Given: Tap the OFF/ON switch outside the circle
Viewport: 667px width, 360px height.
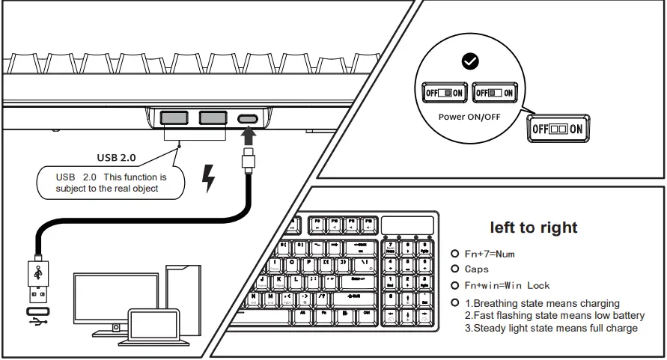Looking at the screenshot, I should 558,128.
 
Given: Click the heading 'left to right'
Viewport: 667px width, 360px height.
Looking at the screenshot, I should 534,228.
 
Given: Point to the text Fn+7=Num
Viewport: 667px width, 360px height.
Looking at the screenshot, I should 490,254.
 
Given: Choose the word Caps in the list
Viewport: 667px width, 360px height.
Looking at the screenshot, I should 476,269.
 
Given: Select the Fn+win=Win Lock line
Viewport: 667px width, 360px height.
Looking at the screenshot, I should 507,285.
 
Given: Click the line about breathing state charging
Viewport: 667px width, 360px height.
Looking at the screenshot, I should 542,303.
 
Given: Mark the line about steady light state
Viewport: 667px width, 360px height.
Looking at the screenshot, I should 551,328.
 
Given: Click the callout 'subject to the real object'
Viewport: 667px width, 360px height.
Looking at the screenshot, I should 111,183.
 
